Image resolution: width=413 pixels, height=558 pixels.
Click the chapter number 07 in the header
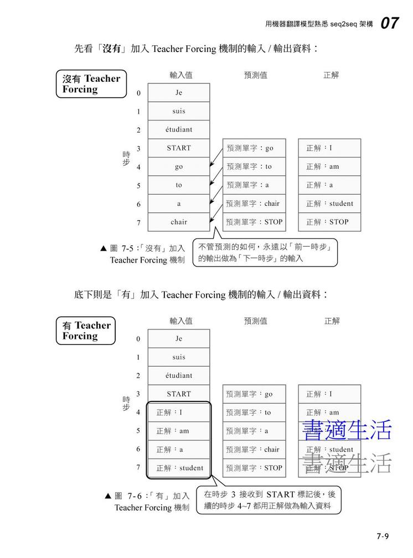(x=390, y=23)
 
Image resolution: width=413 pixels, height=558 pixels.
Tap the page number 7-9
(x=383, y=536)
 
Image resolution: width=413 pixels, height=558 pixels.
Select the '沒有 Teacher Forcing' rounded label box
(x=91, y=84)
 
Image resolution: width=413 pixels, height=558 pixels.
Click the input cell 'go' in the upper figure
(x=179, y=166)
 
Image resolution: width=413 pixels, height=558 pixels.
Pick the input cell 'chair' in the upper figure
(x=179, y=222)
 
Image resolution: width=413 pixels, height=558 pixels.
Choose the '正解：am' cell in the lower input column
(x=179, y=431)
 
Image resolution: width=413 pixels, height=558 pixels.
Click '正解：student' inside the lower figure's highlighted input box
(x=179, y=468)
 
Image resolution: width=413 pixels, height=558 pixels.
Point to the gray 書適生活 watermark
(x=347, y=463)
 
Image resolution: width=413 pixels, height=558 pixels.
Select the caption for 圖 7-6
(x=147, y=502)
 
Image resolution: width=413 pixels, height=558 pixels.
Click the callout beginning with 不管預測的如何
(x=265, y=253)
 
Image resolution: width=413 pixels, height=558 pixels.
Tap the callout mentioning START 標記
(x=270, y=500)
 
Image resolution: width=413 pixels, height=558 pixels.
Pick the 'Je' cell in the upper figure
(x=179, y=93)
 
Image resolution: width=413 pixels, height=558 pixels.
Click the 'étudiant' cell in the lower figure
(x=179, y=376)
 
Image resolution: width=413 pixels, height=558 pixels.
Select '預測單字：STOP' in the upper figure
(x=255, y=222)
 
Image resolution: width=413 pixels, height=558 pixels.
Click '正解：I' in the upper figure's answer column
(x=329, y=148)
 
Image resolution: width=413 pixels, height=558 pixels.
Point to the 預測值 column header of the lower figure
(x=255, y=321)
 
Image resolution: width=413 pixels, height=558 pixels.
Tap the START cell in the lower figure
(x=179, y=394)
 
